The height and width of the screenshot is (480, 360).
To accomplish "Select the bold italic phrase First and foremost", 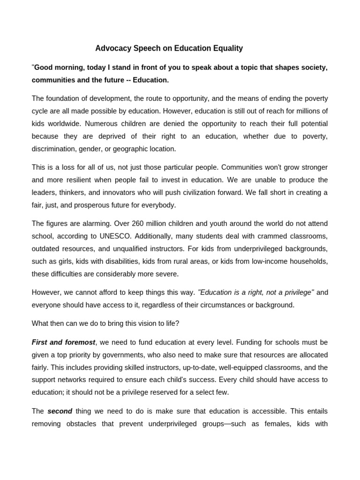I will click(63, 342).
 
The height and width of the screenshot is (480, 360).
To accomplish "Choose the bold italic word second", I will click(60, 411).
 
